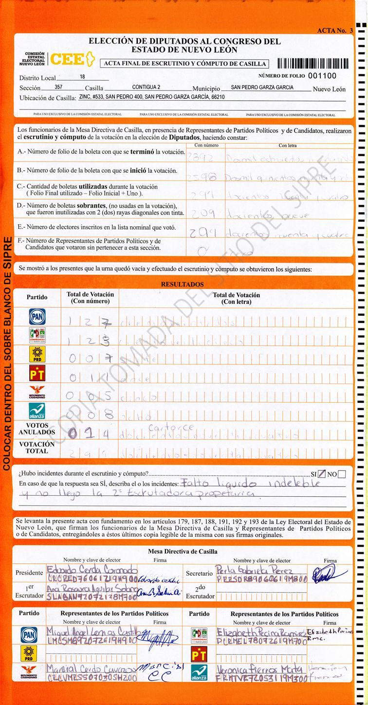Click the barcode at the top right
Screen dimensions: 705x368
(313, 63)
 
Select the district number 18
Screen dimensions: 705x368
(82, 77)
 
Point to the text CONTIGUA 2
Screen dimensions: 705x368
(146, 87)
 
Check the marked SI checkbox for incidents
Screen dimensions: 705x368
(321, 474)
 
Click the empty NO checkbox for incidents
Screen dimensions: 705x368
(342, 474)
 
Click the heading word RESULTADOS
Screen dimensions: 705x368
(183, 284)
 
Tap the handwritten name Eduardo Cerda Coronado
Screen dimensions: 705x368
(92, 569)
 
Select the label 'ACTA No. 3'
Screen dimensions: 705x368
(334, 30)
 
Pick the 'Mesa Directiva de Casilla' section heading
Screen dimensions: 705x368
(183, 551)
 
